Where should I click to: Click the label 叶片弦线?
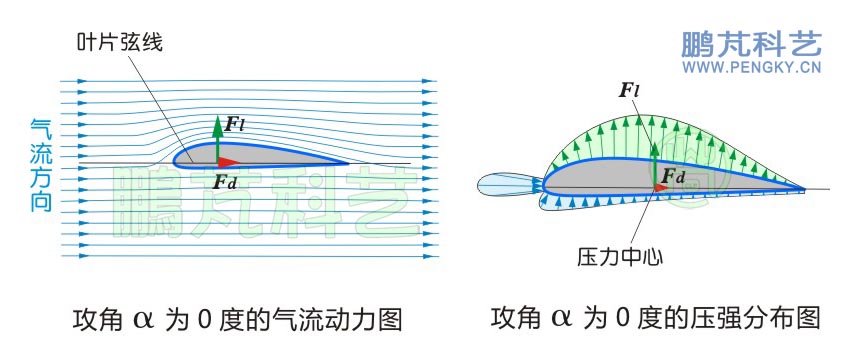pos(119,43)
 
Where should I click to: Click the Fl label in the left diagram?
pos(235,125)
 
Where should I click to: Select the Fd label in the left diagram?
pos(225,182)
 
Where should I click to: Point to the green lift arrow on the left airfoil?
pos(217,138)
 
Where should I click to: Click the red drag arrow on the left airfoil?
pos(229,160)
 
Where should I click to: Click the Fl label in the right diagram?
pos(629,91)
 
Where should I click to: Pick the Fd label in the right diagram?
pos(673,178)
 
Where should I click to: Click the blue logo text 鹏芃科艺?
pos(751,45)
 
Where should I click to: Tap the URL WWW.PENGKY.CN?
pos(751,69)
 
